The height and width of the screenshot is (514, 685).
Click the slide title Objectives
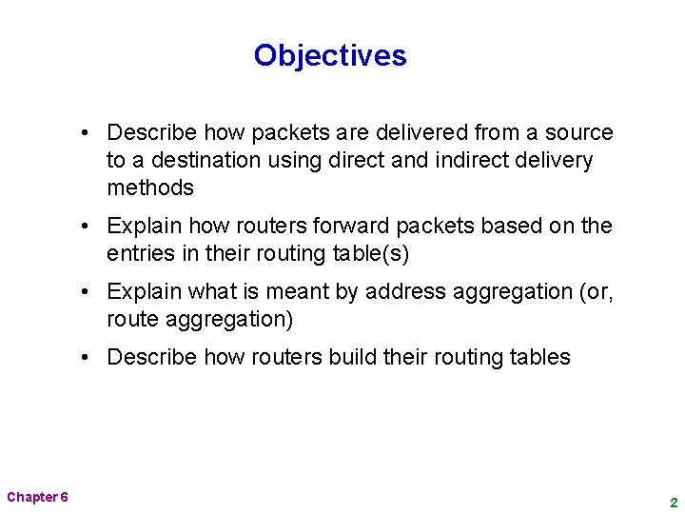(330, 55)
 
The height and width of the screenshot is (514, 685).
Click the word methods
(150, 188)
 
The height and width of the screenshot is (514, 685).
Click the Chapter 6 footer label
(37, 497)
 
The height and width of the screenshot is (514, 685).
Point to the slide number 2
(673, 502)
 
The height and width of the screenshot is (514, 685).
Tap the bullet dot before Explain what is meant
(86, 291)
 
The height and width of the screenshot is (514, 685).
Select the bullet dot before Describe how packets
(86, 132)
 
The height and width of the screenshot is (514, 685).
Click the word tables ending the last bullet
(539, 357)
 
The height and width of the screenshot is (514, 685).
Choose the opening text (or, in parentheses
(596, 291)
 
